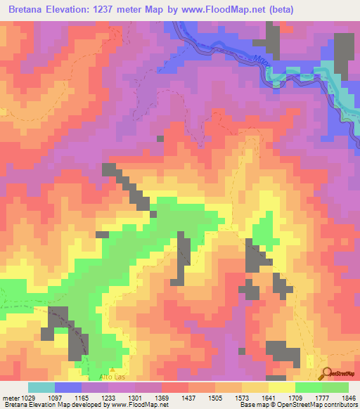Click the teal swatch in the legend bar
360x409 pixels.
pos(41,387)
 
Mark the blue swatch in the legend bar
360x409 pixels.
pos(67,387)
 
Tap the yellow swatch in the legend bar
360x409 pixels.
pos(281,387)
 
